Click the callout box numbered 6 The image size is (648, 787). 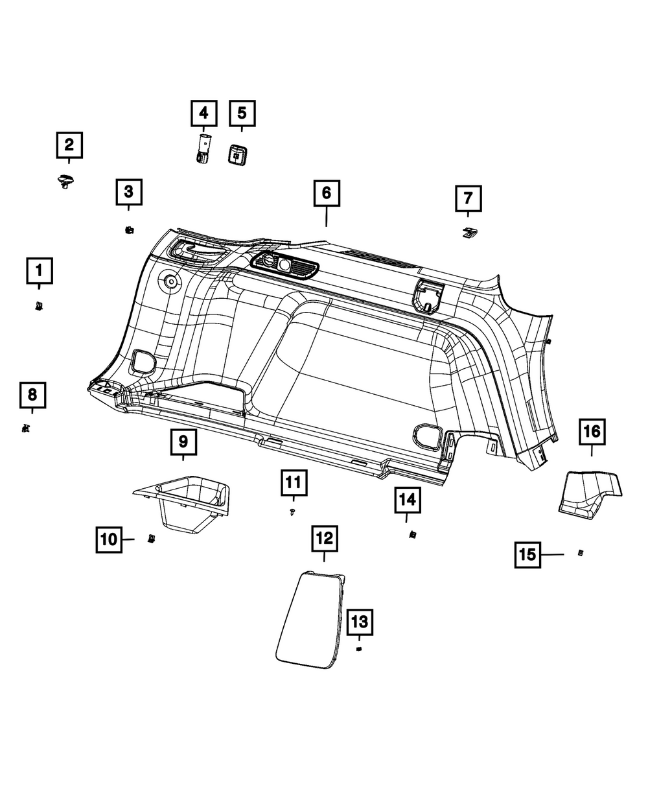[x=327, y=193]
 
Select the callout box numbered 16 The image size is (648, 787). [x=592, y=431]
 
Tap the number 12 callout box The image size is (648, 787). [x=324, y=537]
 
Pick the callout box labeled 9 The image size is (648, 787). [x=183, y=442]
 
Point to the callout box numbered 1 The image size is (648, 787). [x=40, y=270]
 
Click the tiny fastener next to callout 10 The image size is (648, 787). [x=151, y=538]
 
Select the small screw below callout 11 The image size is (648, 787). [x=293, y=512]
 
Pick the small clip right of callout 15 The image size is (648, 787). [x=581, y=553]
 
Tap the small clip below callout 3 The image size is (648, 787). [x=129, y=229]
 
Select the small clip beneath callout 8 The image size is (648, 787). [x=25, y=428]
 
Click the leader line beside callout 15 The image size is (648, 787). [x=553, y=555]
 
